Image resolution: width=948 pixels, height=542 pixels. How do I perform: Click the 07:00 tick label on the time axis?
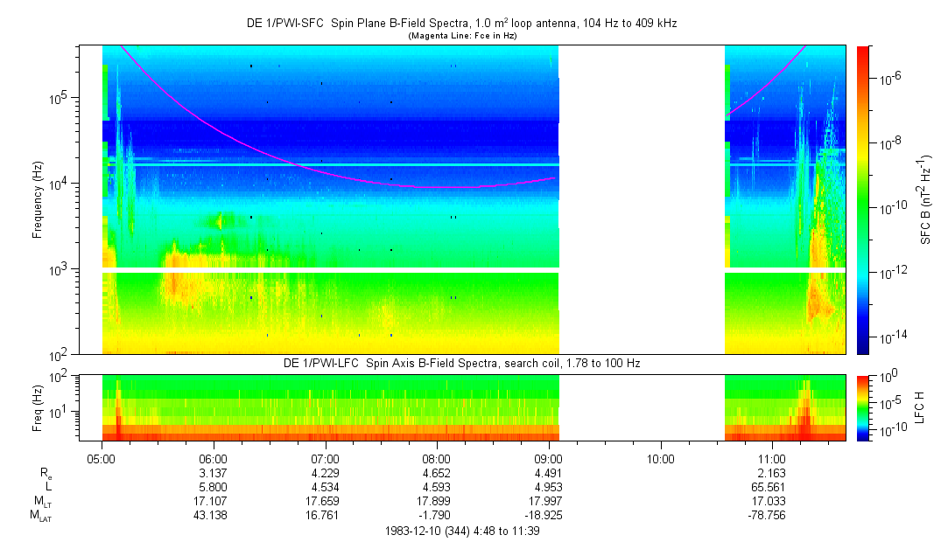click(325, 458)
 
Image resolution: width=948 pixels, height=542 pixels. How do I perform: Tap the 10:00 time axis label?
click(660, 458)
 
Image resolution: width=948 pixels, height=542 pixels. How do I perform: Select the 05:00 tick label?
click(102, 458)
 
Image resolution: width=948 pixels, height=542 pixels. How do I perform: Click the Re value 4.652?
click(437, 472)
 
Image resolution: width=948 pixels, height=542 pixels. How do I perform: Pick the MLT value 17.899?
click(437, 500)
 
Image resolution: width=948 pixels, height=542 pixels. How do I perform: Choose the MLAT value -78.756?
click(771, 514)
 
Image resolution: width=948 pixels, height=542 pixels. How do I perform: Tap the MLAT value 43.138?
click(214, 514)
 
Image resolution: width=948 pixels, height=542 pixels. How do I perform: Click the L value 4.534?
click(325, 486)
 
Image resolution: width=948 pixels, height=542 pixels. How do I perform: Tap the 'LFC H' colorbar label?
click(926, 407)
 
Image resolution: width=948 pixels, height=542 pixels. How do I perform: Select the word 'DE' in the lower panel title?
click(291, 362)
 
